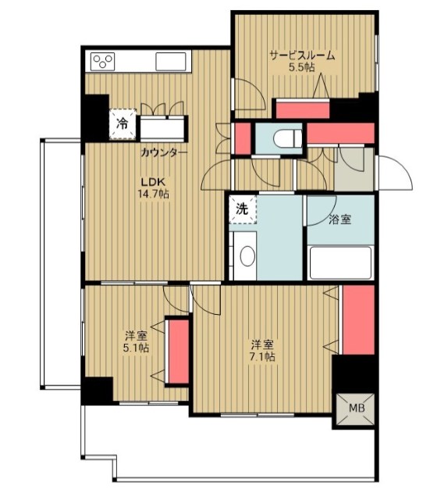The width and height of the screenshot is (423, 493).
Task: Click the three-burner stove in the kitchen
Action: point(102,62)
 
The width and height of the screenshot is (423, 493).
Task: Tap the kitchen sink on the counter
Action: point(170,62)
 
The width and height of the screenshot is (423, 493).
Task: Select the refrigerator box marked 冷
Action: point(123,124)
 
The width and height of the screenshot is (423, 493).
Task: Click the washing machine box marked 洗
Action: point(243,209)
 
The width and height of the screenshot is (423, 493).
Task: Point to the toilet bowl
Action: point(287,138)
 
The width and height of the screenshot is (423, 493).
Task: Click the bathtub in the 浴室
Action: point(340,263)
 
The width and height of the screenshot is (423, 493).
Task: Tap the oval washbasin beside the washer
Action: point(247,256)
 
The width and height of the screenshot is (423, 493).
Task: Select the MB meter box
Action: point(356,409)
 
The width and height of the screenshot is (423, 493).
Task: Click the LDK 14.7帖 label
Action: point(153,188)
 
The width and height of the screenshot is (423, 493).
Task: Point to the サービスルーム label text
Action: point(302,55)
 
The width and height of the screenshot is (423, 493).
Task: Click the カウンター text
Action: point(164,153)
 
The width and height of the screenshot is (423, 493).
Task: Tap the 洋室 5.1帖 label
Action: point(137,341)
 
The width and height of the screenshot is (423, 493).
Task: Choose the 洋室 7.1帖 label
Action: point(262,351)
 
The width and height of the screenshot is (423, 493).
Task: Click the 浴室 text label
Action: point(339,220)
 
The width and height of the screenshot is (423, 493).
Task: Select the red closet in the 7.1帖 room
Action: point(358,320)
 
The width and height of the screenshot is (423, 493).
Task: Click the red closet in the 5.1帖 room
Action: point(179,352)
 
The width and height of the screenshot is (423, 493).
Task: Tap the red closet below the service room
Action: point(303,110)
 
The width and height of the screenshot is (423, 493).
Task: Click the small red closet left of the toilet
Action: point(243,138)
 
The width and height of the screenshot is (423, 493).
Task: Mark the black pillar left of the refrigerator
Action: point(95,118)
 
